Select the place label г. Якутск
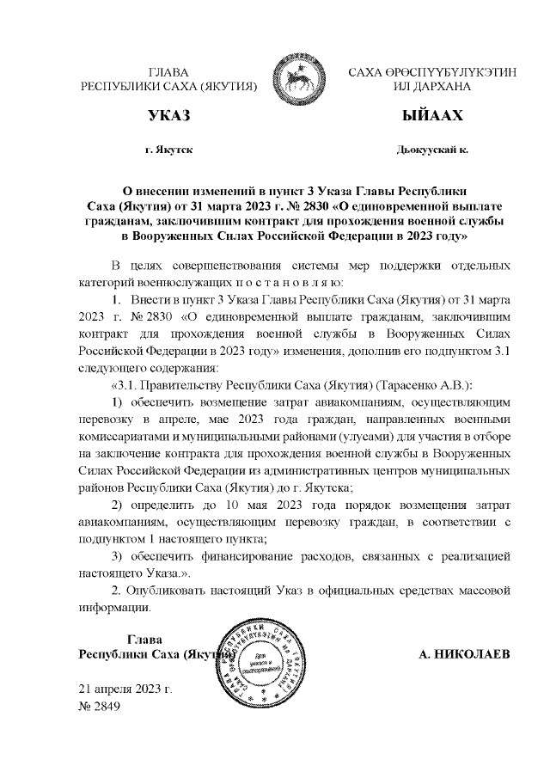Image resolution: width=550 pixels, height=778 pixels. [169, 150]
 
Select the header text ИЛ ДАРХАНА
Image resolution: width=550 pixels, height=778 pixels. [431, 87]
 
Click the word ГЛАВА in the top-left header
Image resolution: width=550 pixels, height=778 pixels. [168, 72]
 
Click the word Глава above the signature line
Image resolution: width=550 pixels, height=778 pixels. [144, 638]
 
